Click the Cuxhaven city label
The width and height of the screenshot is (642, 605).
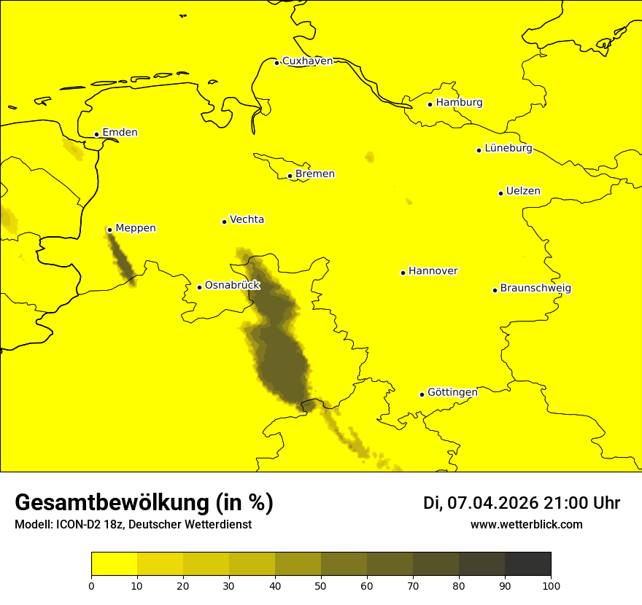[x=307, y=61]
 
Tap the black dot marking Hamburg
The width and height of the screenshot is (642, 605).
[x=430, y=104]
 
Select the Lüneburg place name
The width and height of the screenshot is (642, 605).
[x=508, y=149]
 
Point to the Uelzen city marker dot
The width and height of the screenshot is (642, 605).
[x=501, y=193]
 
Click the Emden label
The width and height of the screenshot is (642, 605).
[x=120, y=133]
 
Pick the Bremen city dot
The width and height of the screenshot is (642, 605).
[x=290, y=176]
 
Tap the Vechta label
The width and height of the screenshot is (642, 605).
[x=247, y=219]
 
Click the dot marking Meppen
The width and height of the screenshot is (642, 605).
[x=109, y=230]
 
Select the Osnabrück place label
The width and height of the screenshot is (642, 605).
[x=232, y=286]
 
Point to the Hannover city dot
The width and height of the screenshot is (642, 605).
[x=403, y=273]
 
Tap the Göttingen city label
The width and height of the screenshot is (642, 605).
[x=452, y=393]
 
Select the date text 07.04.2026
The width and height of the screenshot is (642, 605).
[x=492, y=503]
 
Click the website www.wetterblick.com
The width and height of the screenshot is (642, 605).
[x=526, y=525]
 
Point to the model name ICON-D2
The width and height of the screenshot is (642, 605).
[x=77, y=525]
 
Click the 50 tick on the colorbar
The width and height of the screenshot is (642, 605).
[x=321, y=585]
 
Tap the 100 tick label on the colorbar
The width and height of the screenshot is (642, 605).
[x=551, y=585]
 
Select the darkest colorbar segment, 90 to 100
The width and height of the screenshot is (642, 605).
[x=527, y=564]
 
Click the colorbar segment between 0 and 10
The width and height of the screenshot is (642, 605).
[x=115, y=564]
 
